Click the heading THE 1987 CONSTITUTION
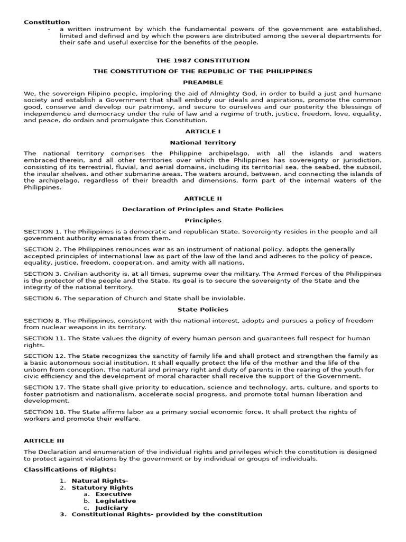[x=203, y=60]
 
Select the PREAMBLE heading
[x=203, y=82]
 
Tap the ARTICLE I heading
[x=203, y=131]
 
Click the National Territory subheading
[x=203, y=142]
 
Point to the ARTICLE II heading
[x=203, y=198]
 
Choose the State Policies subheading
[x=203, y=309]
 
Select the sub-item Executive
[x=113, y=494]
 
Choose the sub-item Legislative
[x=115, y=501]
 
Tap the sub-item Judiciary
[x=112, y=508]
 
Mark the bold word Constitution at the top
[x=47, y=22]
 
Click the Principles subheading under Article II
[x=203, y=220]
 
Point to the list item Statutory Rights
[x=103, y=487]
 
